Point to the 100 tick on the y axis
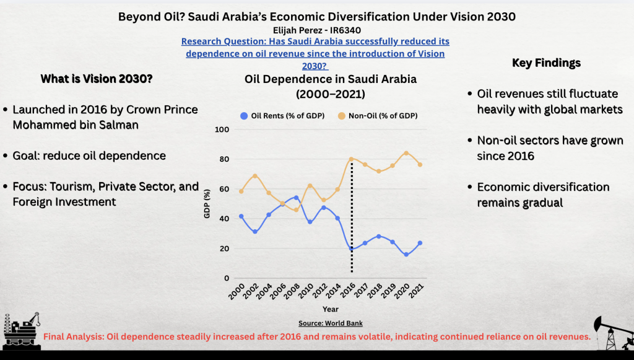coord(222,130)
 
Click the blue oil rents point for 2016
coord(352,248)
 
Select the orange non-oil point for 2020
coord(406,153)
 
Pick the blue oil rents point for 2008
coord(296,198)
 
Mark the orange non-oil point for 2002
coord(254,176)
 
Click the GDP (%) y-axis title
coord(208,204)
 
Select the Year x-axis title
coord(330,309)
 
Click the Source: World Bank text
coord(330,323)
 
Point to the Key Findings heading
coord(547,63)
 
